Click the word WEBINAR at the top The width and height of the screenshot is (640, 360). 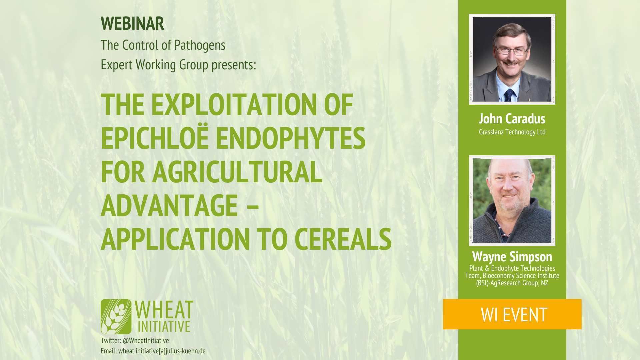pos(132,23)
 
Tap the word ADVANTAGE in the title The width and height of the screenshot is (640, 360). pos(169,205)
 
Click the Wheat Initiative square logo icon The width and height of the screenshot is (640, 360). pos(116,316)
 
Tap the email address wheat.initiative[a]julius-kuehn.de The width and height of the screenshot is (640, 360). pos(162,351)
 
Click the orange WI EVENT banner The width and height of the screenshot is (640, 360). pos(512,314)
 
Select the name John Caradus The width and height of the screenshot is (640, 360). pos(512,119)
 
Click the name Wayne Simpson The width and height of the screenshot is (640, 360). pos(512,257)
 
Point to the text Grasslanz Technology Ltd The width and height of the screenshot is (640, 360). pos(512,132)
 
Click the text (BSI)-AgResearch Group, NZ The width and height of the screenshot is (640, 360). pos(512,283)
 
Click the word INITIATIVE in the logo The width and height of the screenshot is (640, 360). pos(164,326)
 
